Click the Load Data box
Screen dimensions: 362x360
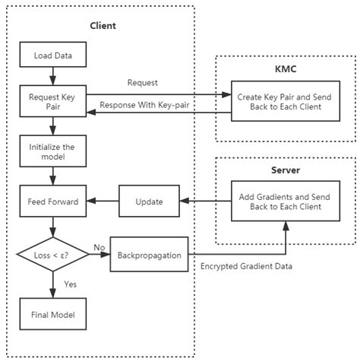click(x=52, y=56)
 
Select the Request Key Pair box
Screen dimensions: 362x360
click(x=52, y=101)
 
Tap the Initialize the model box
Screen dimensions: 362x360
click(x=52, y=151)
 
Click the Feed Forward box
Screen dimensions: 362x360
click(x=52, y=202)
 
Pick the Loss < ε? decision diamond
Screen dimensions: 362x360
click(x=52, y=256)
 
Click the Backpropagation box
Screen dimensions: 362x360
click(x=149, y=256)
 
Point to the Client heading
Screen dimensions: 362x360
click(x=102, y=26)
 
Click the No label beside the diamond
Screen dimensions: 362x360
click(x=99, y=248)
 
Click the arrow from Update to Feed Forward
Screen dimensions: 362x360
click(x=100, y=202)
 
